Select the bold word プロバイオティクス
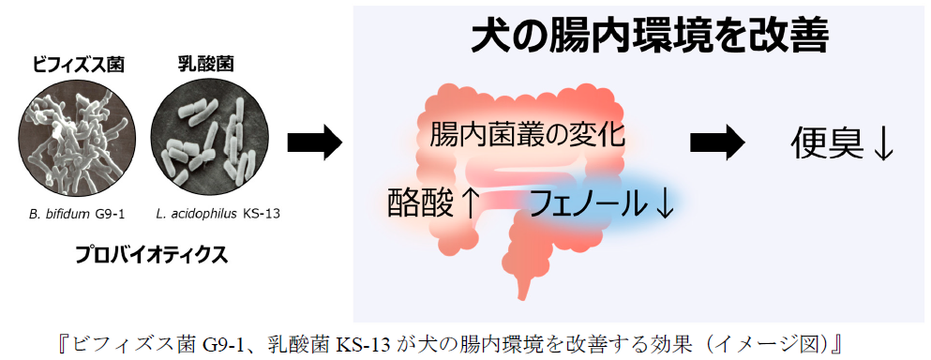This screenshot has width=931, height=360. [151, 255]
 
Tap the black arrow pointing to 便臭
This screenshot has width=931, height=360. [717, 143]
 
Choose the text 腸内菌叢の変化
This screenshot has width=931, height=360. [527, 135]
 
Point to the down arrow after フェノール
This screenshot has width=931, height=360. [663, 205]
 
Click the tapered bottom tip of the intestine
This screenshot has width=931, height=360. [522, 296]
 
